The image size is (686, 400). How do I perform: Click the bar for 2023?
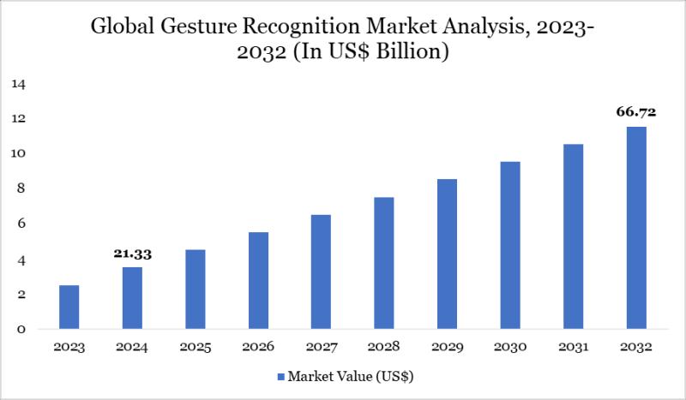point(69,307)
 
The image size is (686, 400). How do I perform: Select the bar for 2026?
point(258,281)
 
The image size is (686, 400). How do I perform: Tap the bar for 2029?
point(447,254)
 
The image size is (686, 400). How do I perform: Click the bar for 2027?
point(321,272)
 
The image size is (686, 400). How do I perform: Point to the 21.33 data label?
point(132,254)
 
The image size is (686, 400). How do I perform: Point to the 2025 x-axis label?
point(195,348)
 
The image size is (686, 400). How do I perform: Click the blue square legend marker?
point(280,376)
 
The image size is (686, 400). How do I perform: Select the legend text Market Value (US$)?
point(352,376)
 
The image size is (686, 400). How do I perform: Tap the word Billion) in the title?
point(415,53)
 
